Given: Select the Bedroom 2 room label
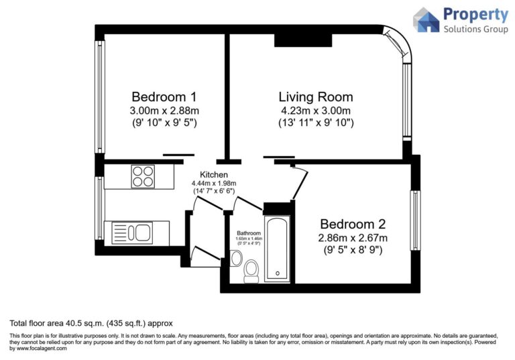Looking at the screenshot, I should point(353,223).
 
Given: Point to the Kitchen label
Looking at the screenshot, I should point(205,174).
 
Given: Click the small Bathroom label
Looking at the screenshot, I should point(248,233).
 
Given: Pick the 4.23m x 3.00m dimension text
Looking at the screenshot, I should point(316,110).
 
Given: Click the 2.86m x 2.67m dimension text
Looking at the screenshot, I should point(353,237).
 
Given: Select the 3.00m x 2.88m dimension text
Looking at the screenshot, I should point(164,110).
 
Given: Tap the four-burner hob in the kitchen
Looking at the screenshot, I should point(142,176).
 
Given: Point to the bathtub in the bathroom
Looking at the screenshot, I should point(277,248).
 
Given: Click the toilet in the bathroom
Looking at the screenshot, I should point(251,269).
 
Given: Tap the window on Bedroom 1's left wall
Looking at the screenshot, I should point(99,99).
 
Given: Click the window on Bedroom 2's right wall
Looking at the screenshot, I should point(416,221).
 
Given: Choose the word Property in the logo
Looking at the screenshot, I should point(476,14).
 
